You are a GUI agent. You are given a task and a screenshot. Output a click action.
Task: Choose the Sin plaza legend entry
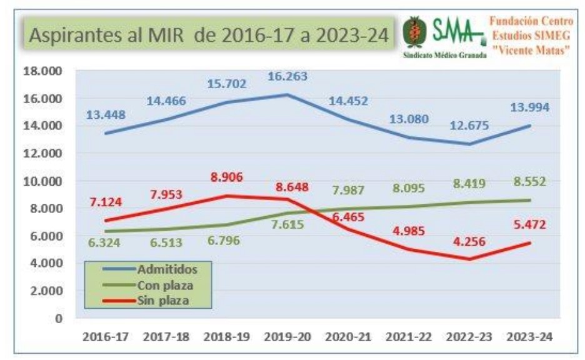coord(162,301)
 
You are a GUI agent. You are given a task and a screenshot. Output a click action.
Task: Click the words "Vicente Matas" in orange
coord(532,49)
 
